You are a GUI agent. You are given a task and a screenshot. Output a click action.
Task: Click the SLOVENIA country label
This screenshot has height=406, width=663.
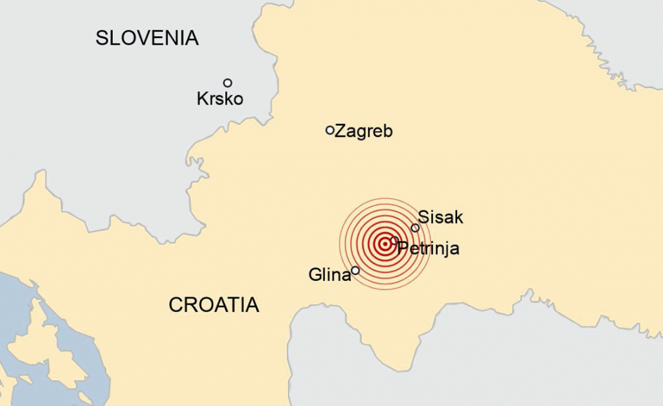pyautogui.click(x=147, y=38)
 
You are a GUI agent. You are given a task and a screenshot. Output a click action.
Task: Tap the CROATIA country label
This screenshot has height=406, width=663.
pyautogui.click(x=214, y=304)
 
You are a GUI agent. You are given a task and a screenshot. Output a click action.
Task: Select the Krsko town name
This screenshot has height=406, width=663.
pyautogui.click(x=220, y=99)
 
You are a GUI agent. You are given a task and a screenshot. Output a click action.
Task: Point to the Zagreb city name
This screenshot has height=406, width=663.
pyautogui.click(x=363, y=131)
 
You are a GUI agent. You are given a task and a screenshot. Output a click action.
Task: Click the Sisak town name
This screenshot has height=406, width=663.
pyautogui.click(x=441, y=217)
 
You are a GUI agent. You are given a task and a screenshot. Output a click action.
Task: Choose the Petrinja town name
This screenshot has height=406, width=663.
pyautogui.click(x=429, y=248)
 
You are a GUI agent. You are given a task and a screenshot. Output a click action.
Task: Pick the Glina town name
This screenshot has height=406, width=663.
pyautogui.click(x=330, y=275)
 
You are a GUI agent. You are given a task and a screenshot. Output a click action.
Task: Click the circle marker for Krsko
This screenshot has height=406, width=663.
pyautogui.click(x=228, y=83)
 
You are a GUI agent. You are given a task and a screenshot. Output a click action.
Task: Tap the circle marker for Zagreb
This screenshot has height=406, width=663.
pyautogui.click(x=330, y=130)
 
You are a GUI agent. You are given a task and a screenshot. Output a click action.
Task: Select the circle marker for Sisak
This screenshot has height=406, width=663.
pyautogui.click(x=415, y=227)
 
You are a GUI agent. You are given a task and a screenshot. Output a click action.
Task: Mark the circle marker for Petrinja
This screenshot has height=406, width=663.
pyautogui.click(x=394, y=240)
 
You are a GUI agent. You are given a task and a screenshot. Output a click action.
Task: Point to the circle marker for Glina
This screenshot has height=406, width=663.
pyautogui.click(x=355, y=271)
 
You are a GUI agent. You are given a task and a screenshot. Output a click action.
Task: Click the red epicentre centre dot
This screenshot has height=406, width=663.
pyautogui.click(x=385, y=244)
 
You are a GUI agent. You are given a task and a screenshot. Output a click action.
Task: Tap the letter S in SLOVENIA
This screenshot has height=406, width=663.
pyautogui.click(x=102, y=38)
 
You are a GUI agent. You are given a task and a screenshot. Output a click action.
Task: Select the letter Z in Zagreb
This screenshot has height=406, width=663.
pyautogui.click(x=339, y=131)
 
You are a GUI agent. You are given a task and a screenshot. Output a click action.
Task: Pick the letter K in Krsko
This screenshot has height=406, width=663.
pyautogui.click(x=202, y=99)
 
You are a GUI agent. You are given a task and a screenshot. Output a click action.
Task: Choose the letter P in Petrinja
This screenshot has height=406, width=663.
pyautogui.click(x=403, y=248)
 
